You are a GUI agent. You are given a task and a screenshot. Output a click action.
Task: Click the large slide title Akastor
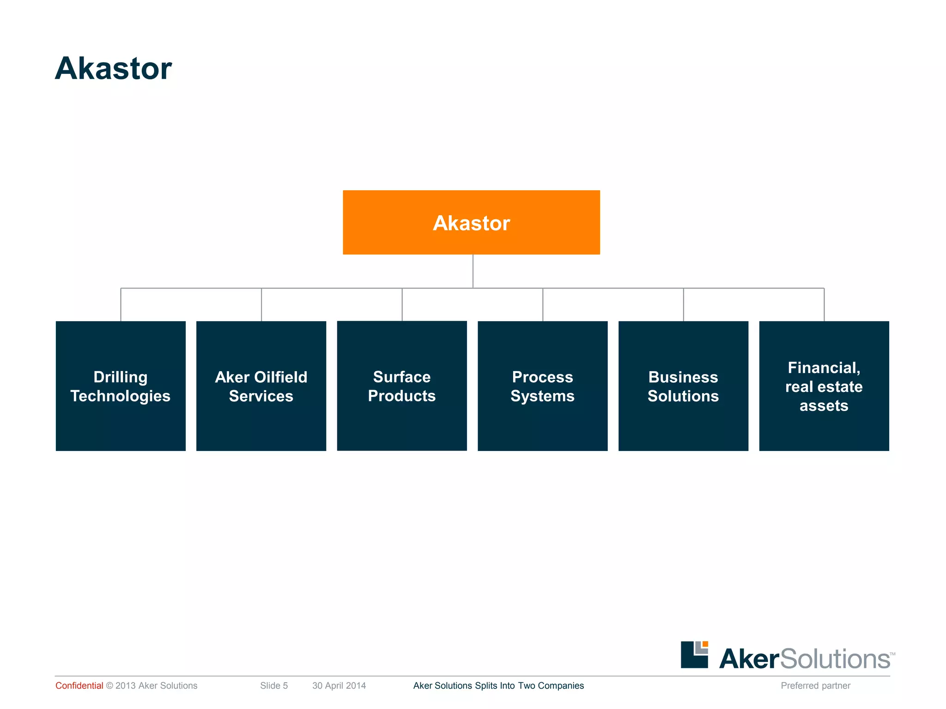click(x=113, y=69)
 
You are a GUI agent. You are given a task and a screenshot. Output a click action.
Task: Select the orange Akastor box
click(x=471, y=222)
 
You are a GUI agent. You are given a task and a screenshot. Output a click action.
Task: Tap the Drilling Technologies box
click(x=121, y=386)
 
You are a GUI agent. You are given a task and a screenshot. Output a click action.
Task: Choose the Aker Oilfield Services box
click(x=261, y=386)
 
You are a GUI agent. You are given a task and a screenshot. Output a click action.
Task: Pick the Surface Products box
click(x=402, y=386)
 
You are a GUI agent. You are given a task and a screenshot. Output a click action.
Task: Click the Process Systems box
click(x=542, y=386)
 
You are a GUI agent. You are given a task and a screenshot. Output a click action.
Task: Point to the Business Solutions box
click(x=683, y=386)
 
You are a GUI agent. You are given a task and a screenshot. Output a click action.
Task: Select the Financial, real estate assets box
click(x=824, y=386)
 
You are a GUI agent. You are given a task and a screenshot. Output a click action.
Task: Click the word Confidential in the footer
click(x=79, y=685)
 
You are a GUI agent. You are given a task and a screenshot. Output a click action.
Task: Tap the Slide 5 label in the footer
click(x=274, y=685)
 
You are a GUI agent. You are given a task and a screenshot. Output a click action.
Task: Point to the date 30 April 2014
click(x=339, y=685)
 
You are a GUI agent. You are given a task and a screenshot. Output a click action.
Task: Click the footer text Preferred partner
click(x=815, y=685)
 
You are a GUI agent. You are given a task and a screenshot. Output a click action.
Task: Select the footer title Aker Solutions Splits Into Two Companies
click(x=498, y=685)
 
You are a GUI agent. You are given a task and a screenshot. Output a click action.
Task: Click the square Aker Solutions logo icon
click(x=694, y=655)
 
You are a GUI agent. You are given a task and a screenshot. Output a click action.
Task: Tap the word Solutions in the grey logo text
click(x=835, y=659)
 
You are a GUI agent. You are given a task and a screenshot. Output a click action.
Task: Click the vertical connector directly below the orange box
click(x=473, y=271)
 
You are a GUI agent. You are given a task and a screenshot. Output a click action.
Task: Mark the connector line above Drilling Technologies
click(x=121, y=305)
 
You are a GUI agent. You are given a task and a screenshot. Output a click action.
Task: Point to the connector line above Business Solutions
click(x=684, y=305)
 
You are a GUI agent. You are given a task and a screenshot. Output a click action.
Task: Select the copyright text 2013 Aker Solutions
click(x=156, y=685)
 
